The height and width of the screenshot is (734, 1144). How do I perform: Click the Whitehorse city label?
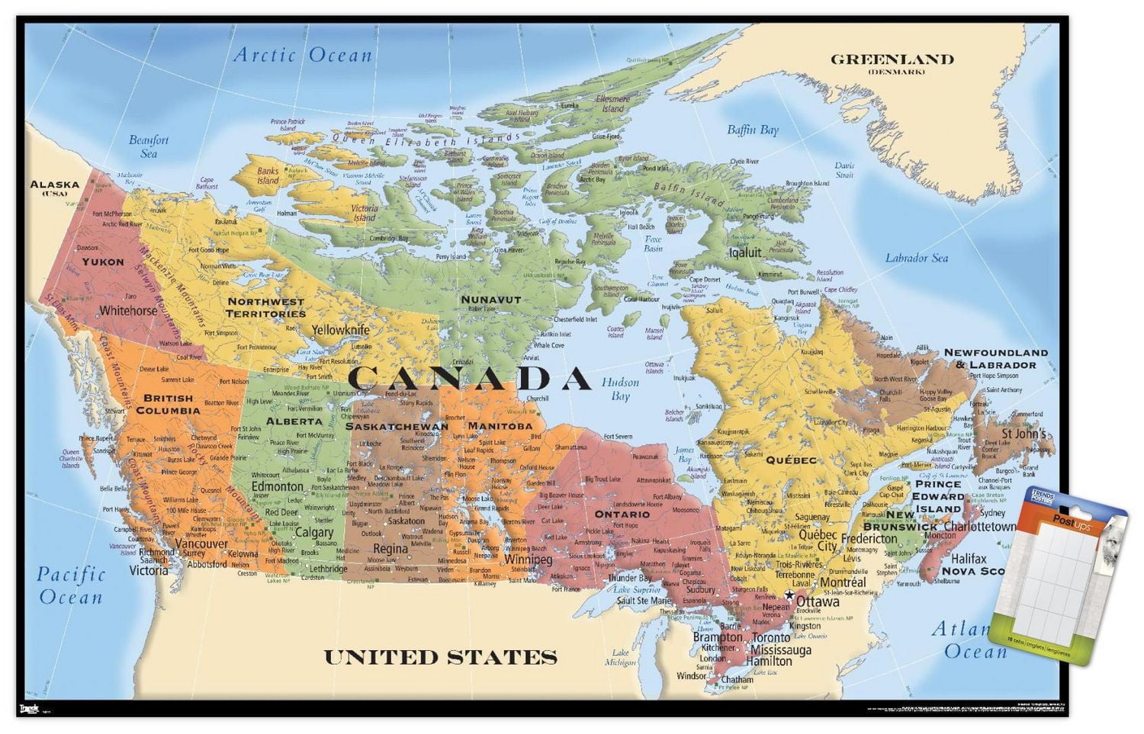128,311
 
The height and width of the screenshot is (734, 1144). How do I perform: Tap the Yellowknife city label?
340,330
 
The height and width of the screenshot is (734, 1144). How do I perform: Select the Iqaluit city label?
745,252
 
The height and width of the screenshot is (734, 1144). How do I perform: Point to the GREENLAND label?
892,59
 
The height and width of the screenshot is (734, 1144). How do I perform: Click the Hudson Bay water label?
620,389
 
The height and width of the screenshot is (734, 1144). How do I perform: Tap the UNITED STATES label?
441,657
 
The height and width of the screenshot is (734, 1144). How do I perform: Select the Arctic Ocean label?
303,55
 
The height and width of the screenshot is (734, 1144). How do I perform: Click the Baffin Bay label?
752,130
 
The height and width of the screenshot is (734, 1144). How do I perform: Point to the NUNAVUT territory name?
490,300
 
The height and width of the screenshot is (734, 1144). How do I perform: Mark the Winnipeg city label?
528,559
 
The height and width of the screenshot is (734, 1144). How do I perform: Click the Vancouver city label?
201,544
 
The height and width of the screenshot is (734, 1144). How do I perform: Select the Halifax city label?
969,559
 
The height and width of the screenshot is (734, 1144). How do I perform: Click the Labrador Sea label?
916,258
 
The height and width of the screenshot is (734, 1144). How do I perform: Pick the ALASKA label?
54,184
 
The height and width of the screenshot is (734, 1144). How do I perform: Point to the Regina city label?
390,549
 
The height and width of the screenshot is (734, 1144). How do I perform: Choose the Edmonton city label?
278,486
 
